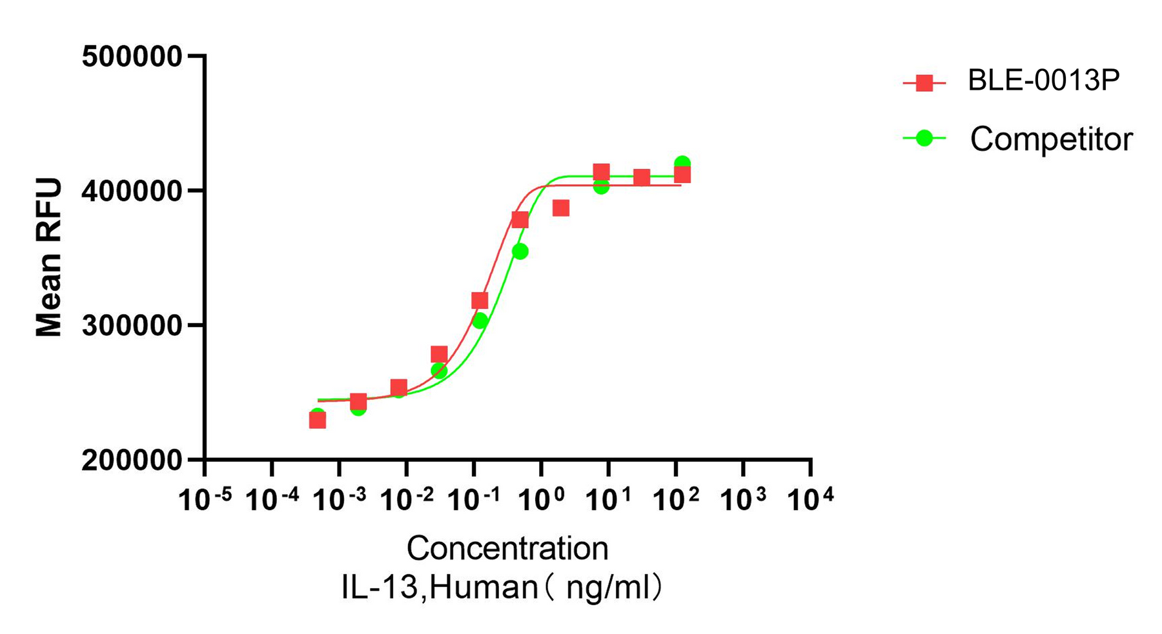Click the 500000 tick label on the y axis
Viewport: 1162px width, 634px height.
(132, 57)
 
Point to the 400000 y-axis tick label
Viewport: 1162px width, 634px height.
(132, 191)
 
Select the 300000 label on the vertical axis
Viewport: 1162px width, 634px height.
(132, 326)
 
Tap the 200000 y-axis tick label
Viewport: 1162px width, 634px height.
(132, 461)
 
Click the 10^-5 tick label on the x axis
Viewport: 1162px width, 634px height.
(205, 498)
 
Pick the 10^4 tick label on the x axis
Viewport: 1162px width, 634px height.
(810, 498)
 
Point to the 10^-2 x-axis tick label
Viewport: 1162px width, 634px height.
(407, 498)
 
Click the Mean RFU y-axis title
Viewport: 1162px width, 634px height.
(49, 257)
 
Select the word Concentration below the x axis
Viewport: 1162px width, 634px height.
(507, 549)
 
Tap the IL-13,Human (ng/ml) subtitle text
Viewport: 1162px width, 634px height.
(502, 588)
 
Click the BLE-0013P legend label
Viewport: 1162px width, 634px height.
(1044, 81)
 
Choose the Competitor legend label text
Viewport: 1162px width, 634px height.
(1051, 139)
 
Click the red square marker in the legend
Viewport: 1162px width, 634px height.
(925, 83)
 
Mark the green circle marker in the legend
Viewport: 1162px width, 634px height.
(925, 138)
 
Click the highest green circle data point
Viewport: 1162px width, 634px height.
(682, 164)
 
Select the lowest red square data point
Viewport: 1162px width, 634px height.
(318, 421)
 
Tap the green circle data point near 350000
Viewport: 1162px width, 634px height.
(520, 252)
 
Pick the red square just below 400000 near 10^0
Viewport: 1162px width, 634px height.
(561, 208)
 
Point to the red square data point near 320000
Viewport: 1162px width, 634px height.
(480, 301)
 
